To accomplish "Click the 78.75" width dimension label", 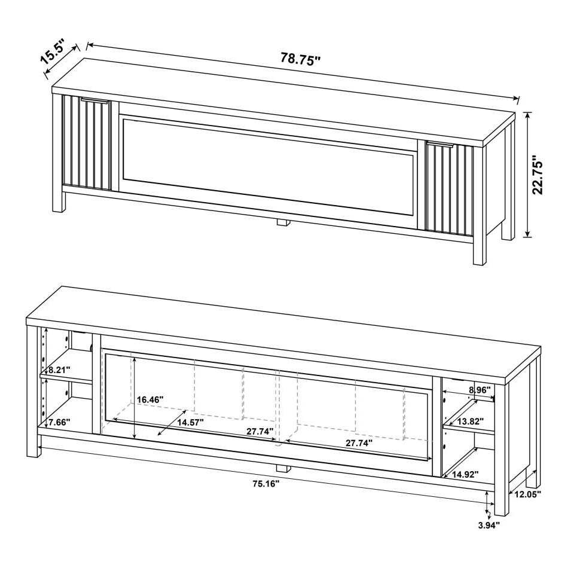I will click(301, 59).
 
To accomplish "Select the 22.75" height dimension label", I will click(538, 175).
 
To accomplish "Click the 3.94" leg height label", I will click(488, 525).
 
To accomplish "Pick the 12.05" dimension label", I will click(526, 494).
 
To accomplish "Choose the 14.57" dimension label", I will click(190, 422).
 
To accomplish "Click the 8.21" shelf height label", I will click(58, 369).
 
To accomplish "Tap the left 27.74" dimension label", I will click(259, 430).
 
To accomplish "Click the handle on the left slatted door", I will click(94, 101).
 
